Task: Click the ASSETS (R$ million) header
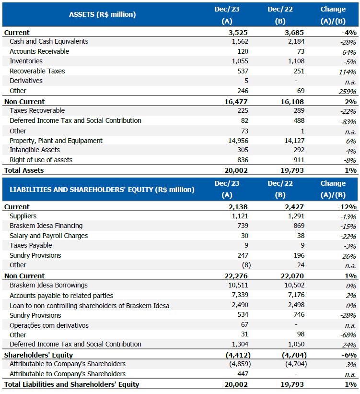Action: (x=102, y=14)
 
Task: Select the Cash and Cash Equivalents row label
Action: (x=49, y=42)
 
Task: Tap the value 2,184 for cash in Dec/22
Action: (x=294, y=42)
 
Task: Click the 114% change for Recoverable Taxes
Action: (x=347, y=72)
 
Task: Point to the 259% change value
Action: (x=347, y=91)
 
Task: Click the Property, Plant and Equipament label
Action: (x=56, y=141)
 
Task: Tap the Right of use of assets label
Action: (x=41, y=160)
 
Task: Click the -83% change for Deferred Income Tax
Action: (x=348, y=121)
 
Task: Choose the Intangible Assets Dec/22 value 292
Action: (x=298, y=150)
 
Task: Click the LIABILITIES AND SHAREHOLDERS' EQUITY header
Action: (x=102, y=189)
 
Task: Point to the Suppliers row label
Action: (x=23, y=216)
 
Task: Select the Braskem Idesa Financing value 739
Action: (x=243, y=226)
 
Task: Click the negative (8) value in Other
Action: (x=244, y=265)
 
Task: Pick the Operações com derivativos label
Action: (x=49, y=325)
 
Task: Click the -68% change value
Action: (x=348, y=335)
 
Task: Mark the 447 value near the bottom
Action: (x=243, y=374)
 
